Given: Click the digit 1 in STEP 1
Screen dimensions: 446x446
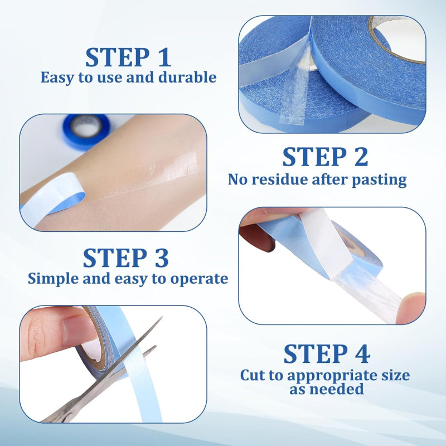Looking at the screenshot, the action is click(x=164, y=57).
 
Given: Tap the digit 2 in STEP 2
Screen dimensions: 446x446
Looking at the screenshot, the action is click(x=361, y=157).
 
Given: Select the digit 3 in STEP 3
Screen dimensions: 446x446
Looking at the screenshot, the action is click(x=161, y=258).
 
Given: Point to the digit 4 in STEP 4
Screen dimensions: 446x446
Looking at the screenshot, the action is click(x=362, y=353).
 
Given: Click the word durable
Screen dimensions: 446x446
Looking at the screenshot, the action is click(x=187, y=77).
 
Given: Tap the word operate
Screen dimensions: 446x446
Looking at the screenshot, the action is click(x=199, y=279).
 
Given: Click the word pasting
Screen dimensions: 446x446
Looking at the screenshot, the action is click(x=379, y=180).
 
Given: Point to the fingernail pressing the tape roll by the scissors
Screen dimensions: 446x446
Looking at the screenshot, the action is click(x=79, y=331).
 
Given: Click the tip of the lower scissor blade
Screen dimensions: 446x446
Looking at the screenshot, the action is click(x=156, y=347).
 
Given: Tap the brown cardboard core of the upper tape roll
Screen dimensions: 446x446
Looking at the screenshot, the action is click(x=392, y=40).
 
